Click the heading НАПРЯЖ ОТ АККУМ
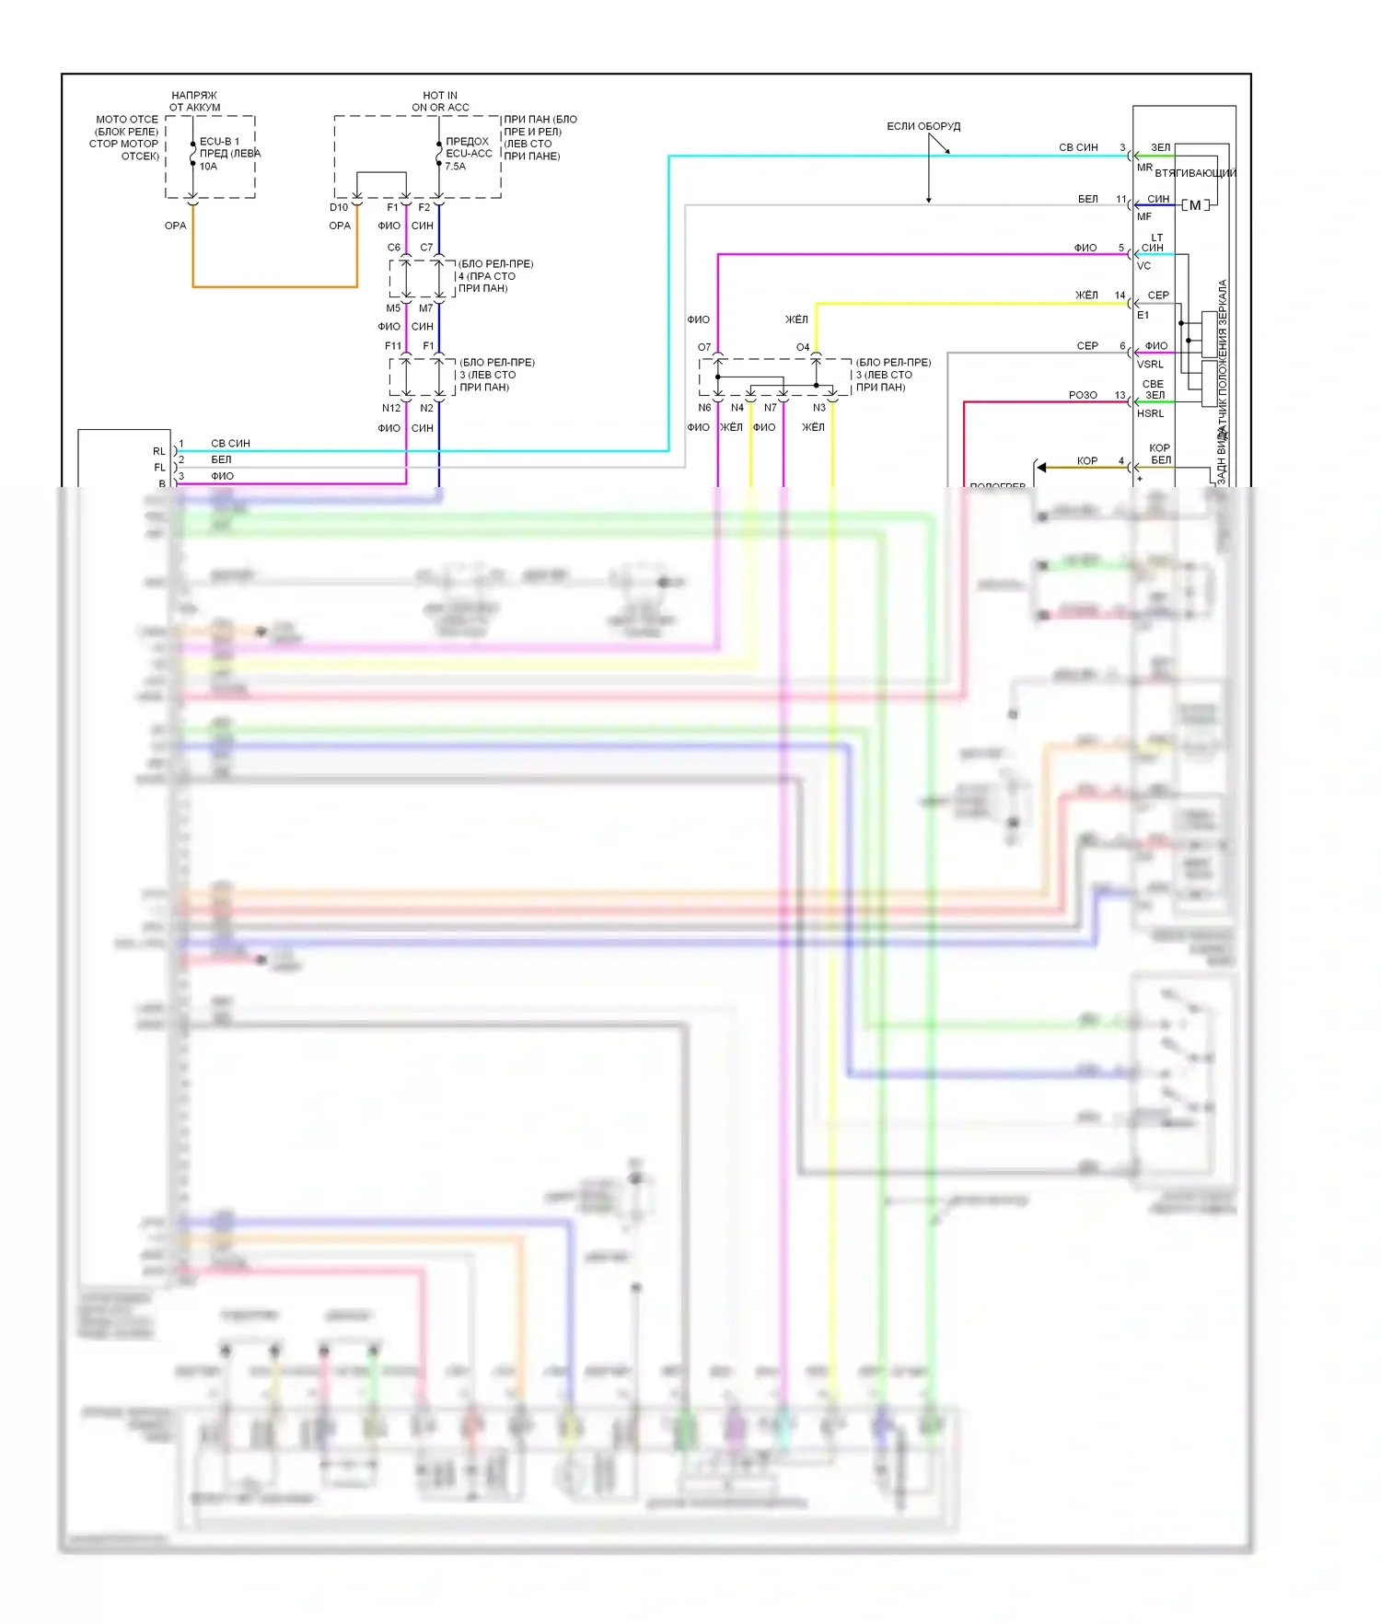pyautogui.click(x=194, y=101)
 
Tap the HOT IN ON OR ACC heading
pyautogui.click(x=440, y=101)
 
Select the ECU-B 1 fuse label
pyautogui.click(x=219, y=142)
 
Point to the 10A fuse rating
pyautogui.click(x=208, y=167)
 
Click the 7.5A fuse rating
pyautogui.click(x=455, y=167)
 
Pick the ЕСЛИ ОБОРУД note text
pyautogui.click(x=923, y=126)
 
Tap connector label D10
pyautogui.click(x=339, y=208)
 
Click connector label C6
pyautogui.click(x=394, y=248)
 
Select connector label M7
pyautogui.click(x=426, y=308)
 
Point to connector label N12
pyautogui.click(x=391, y=408)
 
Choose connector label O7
pyautogui.click(x=704, y=347)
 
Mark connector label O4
pyautogui.click(x=803, y=347)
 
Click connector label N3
pyautogui.click(x=819, y=408)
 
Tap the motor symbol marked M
pyautogui.click(x=1195, y=205)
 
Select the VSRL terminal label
pyautogui.click(x=1150, y=365)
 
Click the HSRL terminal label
pyautogui.click(x=1150, y=413)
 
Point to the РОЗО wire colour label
pyautogui.click(x=1083, y=395)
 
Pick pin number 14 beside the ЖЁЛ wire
pyautogui.click(x=1120, y=296)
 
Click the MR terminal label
pyautogui.click(x=1144, y=168)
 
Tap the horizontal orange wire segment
pyautogui.click(x=274, y=287)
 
